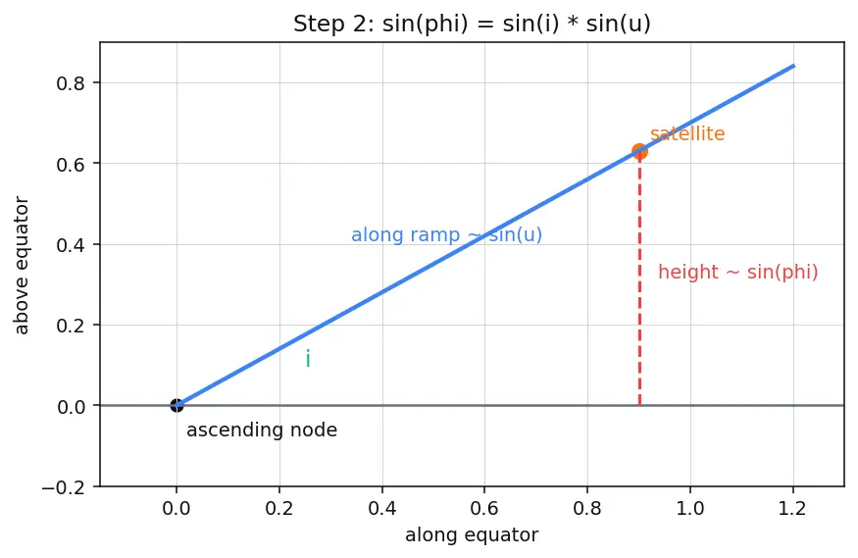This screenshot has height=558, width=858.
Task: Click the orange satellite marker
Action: pyautogui.click(x=639, y=152)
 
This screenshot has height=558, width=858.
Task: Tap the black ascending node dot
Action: pyautogui.click(x=177, y=405)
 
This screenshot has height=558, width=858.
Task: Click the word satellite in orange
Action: pyautogui.click(x=687, y=133)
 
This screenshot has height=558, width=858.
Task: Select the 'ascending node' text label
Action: pyautogui.click(x=262, y=430)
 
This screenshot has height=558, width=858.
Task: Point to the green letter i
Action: pyautogui.click(x=308, y=359)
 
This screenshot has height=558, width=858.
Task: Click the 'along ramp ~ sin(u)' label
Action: pyautogui.click(x=446, y=234)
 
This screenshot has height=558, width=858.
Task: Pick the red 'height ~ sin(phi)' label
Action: pyautogui.click(x=737, y=272)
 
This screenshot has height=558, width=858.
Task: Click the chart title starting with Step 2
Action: pyautogui.click(x=472, y=25)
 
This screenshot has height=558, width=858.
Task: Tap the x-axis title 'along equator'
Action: pyautogui.click(x=472, y=534)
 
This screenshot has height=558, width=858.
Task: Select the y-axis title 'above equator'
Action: pyautogui.click(x=21, y=266)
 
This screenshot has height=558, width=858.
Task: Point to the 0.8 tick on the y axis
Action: pyautogui.click(x=72, y=83)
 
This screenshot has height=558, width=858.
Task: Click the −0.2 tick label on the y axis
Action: pyautogui.click(x=64, y=486)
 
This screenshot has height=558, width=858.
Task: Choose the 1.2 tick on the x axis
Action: pyautogui.click(x=793, y=509)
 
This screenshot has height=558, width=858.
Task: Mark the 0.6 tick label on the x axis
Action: pyautogui.click(x=484, y=509)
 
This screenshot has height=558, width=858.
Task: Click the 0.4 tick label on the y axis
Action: pyautogui.click(x=72, y=244)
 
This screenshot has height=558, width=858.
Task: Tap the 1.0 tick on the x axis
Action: pyautogui.click(x=690, y=509)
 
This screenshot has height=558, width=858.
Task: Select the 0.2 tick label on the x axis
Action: pyautogui.click(x=279, y=509)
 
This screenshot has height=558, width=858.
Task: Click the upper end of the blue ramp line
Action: pyautogui.click(x=794, y=66)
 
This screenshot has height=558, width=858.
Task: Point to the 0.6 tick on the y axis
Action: pyautogui.click(x=72, y=164)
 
